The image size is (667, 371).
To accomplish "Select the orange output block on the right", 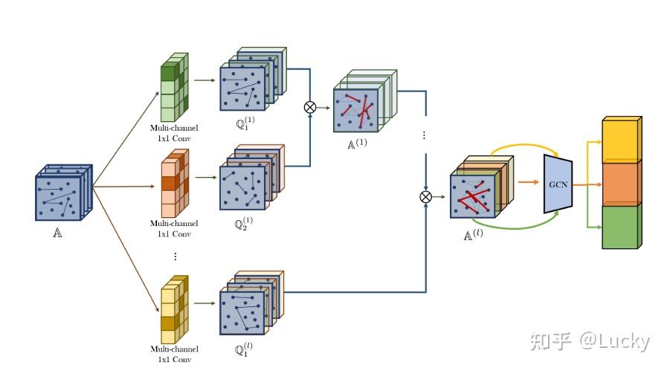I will pos(620,183).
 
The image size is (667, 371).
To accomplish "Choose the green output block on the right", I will pos(620,226).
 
